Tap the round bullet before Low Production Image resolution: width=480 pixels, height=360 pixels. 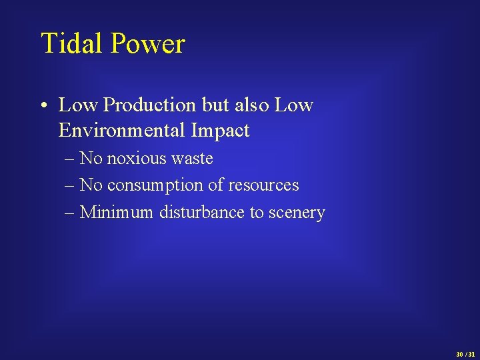click(x=44, y=105)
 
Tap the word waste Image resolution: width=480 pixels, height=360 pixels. click(x=191, y=159)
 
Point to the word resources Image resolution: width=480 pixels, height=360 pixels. click(x=264, y=185)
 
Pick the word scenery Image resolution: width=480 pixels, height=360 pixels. click(x=297, y=213)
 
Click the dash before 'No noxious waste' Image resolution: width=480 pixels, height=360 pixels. click(x=71, y=159)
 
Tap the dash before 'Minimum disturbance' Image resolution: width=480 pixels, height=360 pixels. click(x=71, y=213)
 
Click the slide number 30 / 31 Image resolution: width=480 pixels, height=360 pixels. click(x=465, y=354)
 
